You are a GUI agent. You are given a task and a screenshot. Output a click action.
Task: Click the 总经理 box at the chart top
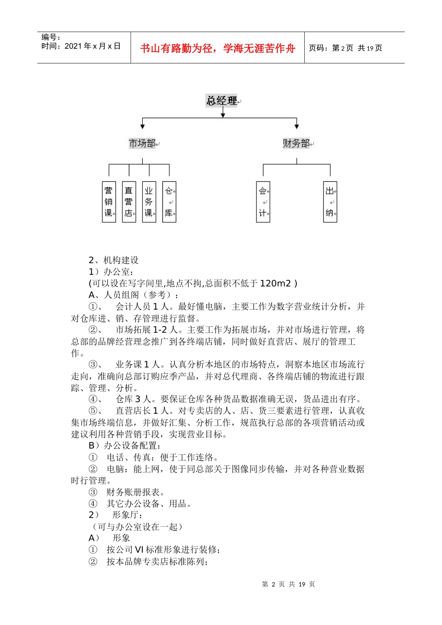[221, 101]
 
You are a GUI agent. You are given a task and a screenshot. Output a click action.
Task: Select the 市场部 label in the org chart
[142, 143]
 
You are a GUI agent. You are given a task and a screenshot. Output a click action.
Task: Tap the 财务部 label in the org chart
[296, 143]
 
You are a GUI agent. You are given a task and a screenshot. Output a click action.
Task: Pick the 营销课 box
[109, 202]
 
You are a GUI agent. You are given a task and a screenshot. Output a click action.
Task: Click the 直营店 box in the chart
[129, 202]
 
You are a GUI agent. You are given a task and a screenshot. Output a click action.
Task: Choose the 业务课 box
[149, 202]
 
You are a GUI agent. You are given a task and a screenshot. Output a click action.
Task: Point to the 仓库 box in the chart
[169, 202]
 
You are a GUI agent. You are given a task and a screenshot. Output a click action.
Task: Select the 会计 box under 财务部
[263, 202]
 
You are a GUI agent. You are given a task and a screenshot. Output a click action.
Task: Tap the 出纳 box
[330, 202]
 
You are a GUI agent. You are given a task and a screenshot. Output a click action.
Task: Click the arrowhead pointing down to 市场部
[142, 126]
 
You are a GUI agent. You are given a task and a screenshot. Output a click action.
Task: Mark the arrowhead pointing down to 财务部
[296, 126]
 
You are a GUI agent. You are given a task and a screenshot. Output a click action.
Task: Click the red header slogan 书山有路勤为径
[218, 48]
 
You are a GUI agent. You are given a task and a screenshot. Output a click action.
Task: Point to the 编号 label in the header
[51, 37]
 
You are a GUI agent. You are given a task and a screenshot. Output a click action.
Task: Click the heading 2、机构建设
[114, 260]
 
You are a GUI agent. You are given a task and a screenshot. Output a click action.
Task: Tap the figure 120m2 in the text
[275, 283]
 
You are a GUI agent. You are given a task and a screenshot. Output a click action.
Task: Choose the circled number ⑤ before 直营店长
[93, 411]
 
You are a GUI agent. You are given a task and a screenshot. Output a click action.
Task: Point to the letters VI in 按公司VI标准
[139, 550]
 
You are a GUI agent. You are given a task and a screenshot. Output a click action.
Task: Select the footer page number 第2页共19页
[288, 584]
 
